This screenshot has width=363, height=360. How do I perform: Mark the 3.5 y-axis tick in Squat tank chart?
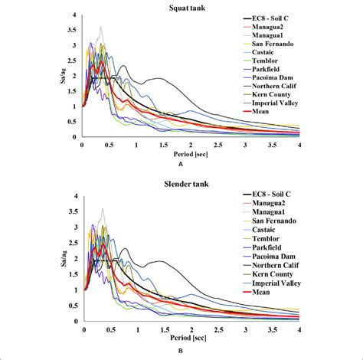tap(74, 30)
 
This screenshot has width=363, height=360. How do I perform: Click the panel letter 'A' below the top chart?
tap(180, 165)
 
